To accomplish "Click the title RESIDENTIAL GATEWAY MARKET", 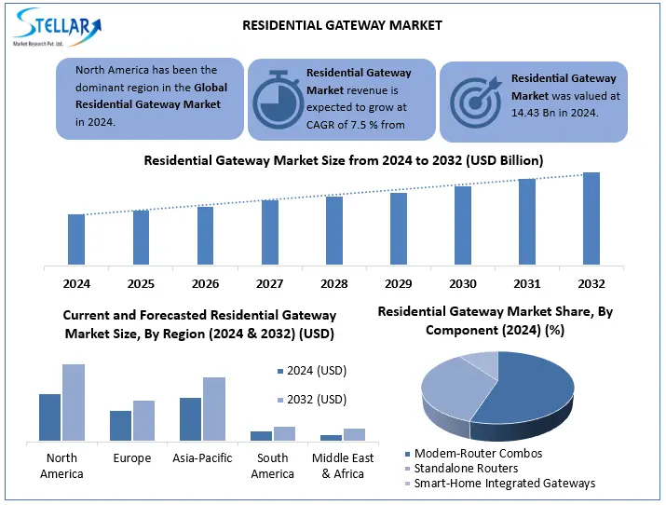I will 342,25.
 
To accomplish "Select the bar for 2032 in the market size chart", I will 591,219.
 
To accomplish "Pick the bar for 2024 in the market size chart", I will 76,239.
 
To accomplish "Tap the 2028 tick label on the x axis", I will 334,283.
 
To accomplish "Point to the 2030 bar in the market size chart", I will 463,225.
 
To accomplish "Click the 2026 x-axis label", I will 206,283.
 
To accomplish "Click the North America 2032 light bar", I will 74,402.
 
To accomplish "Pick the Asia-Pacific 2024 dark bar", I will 190,418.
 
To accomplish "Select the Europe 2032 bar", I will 143,420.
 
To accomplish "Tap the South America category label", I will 272,466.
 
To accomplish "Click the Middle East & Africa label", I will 343,466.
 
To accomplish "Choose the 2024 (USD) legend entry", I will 311,371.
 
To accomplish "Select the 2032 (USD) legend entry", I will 311,400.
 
